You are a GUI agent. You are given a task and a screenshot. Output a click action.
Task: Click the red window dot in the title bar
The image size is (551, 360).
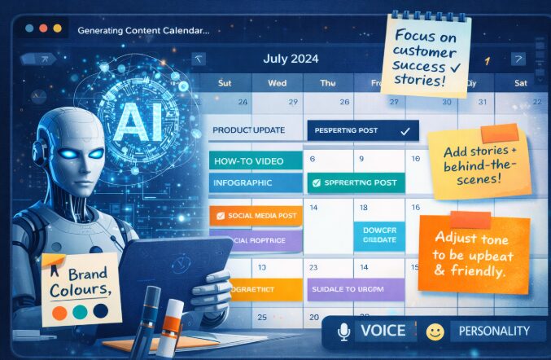point(29,28)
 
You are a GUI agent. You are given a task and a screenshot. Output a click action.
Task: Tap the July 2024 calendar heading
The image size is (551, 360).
point(291,59)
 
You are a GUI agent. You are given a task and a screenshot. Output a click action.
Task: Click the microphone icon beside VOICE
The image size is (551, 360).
point(343,331)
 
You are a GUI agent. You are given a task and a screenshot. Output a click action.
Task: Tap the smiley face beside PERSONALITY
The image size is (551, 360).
point(435,331)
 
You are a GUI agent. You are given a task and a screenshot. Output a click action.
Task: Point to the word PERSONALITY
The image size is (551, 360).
point(494,331)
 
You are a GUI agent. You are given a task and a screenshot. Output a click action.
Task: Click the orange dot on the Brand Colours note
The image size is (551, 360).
point(58,312)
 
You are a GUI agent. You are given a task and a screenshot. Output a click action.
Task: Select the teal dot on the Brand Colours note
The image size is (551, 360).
point(79,312)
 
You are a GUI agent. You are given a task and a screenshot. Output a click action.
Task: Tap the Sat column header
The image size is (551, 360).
point(520,82)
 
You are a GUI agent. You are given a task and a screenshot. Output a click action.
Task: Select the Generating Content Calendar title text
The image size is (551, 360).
point(143,30)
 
